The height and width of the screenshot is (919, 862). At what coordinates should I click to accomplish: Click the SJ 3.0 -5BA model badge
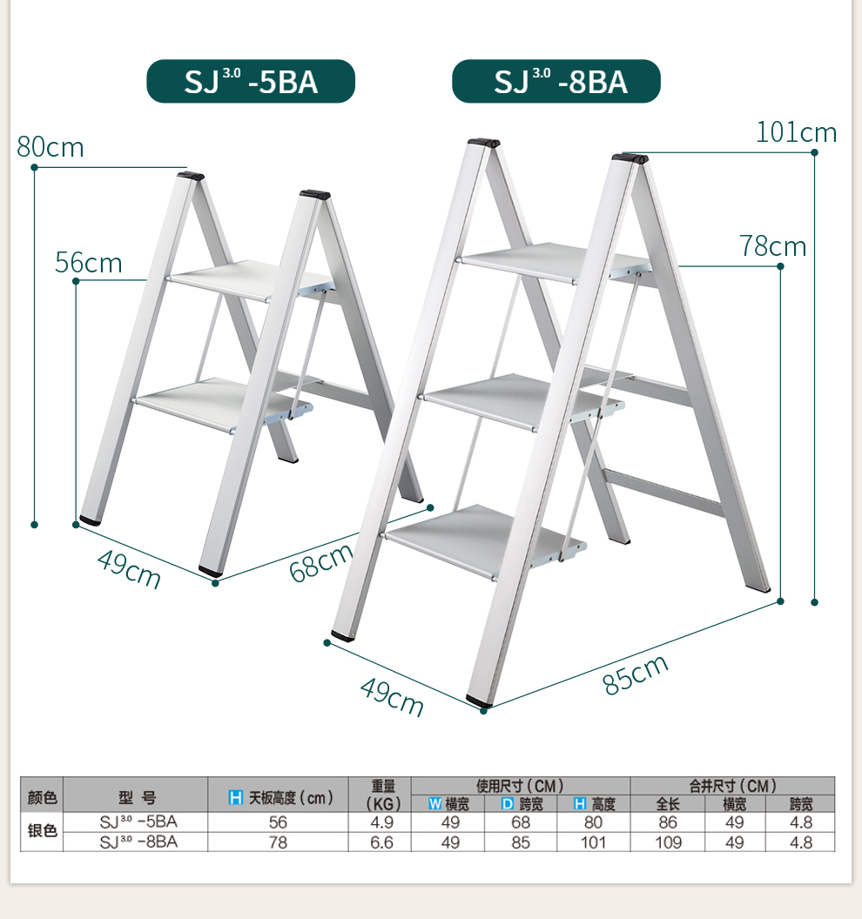tap(251, 81)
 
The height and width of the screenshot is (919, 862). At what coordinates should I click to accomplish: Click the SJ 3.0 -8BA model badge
tap(556, 81)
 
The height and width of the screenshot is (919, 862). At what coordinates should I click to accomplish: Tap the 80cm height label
tap(51, 147)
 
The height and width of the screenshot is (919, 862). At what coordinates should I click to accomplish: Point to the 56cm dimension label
tap(89, 263)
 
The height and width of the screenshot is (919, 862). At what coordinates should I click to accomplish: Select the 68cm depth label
tap(320, 562)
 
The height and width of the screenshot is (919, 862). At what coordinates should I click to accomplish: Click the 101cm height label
tap(796, 132)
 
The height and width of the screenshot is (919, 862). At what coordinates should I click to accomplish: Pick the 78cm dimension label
tap(773, 246)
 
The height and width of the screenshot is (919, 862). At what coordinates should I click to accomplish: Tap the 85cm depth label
tap(635, 674)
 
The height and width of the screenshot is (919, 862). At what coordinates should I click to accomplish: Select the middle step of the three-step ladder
tap(522, 400)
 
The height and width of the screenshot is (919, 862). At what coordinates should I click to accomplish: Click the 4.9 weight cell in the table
tap(381, 822)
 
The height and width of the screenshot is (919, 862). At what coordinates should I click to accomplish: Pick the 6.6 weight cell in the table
tap(381, 842)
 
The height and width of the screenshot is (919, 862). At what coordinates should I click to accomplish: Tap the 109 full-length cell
tap(668, 842)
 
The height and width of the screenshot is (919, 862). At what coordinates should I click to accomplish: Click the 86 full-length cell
tap(668, 822)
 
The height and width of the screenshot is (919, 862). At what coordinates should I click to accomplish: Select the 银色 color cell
tap(42, 831)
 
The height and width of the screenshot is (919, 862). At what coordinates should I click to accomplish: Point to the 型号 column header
tap(137, 797)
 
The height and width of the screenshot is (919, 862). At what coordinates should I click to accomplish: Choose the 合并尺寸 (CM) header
tap(732, 785)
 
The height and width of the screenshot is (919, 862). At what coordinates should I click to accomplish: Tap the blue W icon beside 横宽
tap(434, 803)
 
